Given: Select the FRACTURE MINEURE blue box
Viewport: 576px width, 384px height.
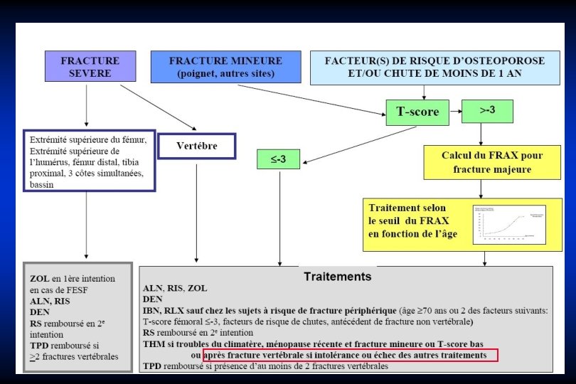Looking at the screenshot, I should click(225, 66).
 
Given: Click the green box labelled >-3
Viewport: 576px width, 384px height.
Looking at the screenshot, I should click(487, 110).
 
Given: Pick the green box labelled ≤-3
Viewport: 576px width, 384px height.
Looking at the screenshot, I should click(278, 159).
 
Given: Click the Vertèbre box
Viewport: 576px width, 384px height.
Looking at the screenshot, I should click(196, 146).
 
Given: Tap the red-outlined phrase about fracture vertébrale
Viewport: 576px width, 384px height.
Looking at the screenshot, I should click(350, 355).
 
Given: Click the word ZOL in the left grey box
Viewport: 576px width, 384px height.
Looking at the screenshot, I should click(40, 279).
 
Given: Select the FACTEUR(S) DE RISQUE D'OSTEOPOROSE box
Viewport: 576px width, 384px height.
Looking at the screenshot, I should click(434, 67).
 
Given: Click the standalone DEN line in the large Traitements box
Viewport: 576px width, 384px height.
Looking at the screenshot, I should click(153, 299).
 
